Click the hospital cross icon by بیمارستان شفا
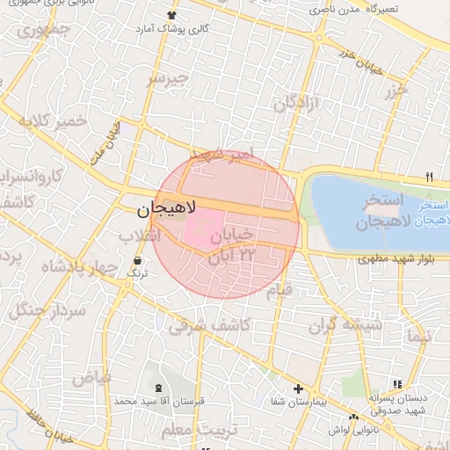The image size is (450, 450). coord(298,388)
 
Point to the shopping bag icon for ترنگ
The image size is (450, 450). coord(138,260)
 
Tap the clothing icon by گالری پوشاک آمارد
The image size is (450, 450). coord(171,15)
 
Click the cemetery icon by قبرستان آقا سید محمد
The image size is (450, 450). coord(158,388)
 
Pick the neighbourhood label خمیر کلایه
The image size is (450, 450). coord(57,120)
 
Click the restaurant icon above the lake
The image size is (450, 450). coord(429,176)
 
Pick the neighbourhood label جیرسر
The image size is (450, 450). coord(167,79)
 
